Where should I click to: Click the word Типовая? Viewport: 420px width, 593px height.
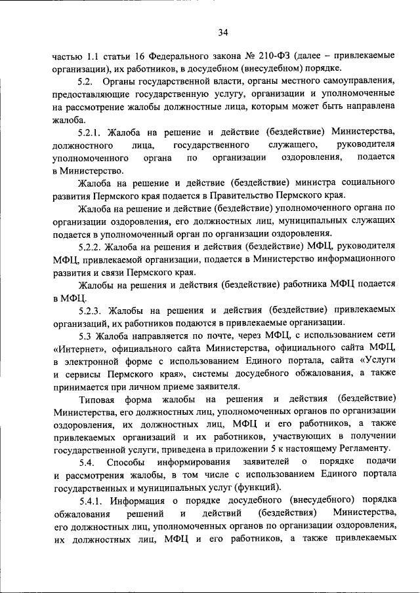(x=96, y=398)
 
